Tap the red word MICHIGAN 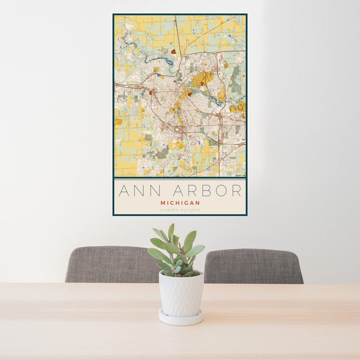[180, 203]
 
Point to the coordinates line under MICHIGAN [180, 209]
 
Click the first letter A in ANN [124, 191]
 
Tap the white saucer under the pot [180, 317]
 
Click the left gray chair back [111, 264]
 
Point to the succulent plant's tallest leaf [171, 231]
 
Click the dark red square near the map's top [173, 52]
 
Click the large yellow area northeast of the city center [203, 77]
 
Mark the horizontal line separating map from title [180, 178]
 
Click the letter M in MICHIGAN [162, 203]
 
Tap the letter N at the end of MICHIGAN [198, 203]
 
